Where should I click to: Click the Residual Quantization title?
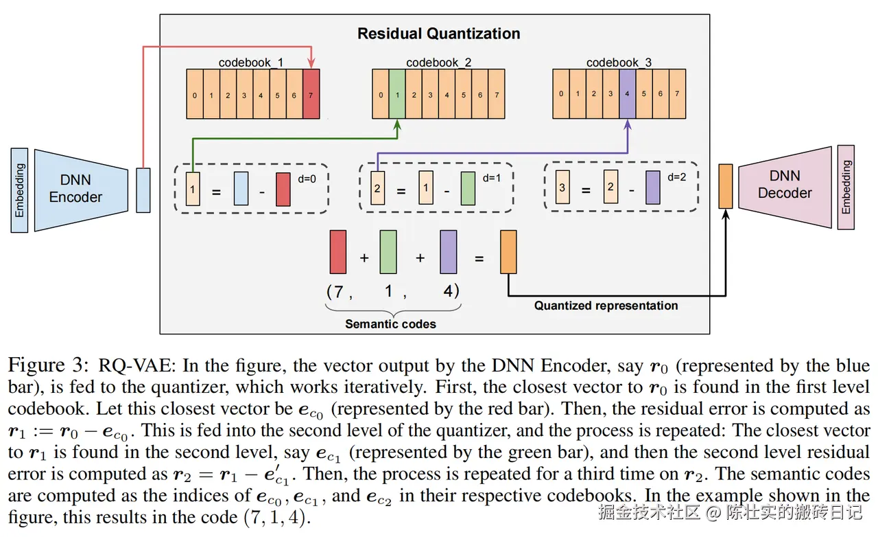[x=438, y=33]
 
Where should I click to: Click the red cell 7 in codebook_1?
[x=311, y=95]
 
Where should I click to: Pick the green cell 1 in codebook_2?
[x=397, y=95]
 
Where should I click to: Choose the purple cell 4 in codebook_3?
[x=627, y=93]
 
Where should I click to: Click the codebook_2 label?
[x=438, y=63]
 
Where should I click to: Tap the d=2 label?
[x=678, y=177]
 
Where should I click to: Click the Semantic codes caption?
[x=390, y=323]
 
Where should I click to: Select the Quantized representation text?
[x=606, y=306]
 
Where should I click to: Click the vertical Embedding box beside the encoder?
[x=20, y=190]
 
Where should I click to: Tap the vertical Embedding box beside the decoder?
[x=846, y=187]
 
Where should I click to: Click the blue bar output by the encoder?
[x=143, y=190]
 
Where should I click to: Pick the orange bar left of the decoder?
[x=725, y=186]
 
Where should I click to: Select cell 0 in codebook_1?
[x=195, y=95]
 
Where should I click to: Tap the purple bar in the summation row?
[x=449, y=252]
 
